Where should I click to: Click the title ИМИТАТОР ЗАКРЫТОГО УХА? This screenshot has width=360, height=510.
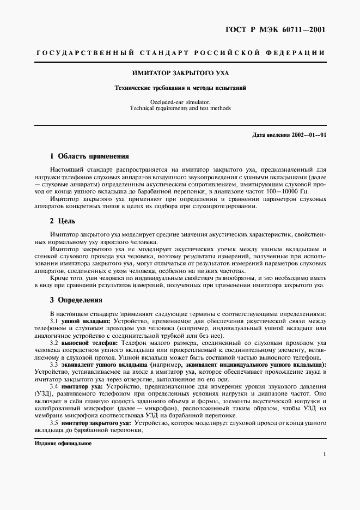click(180, 72)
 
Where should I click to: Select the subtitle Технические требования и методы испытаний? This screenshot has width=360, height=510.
click(180, 87)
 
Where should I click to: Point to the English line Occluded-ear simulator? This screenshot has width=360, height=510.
click(180, 102)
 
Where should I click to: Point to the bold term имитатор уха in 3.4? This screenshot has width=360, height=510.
click(82, 386)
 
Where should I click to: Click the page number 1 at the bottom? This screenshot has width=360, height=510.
click(324, 453)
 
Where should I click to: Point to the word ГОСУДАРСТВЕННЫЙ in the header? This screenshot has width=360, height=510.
click(84, 53)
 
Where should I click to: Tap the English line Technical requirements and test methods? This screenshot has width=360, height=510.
click(180, 108)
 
